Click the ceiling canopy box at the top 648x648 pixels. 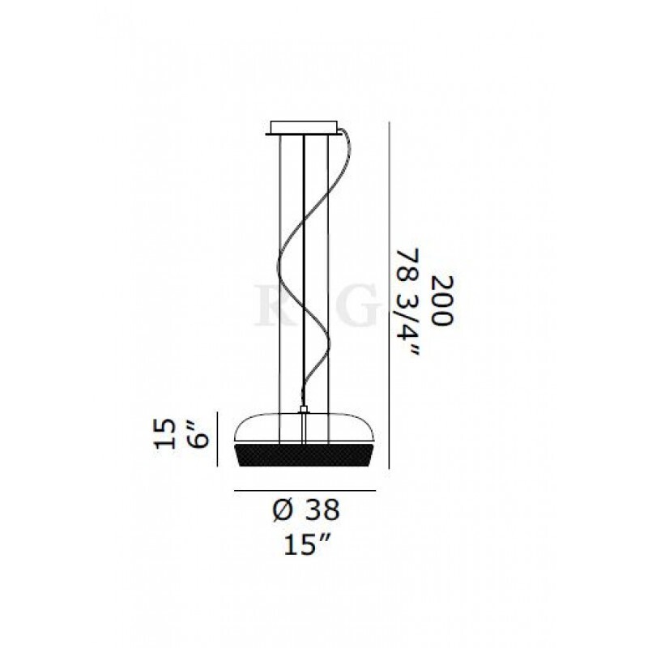[x=304, y=128]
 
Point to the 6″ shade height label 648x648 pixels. [x=198, y=435]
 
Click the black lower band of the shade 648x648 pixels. [x=305, y=455]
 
